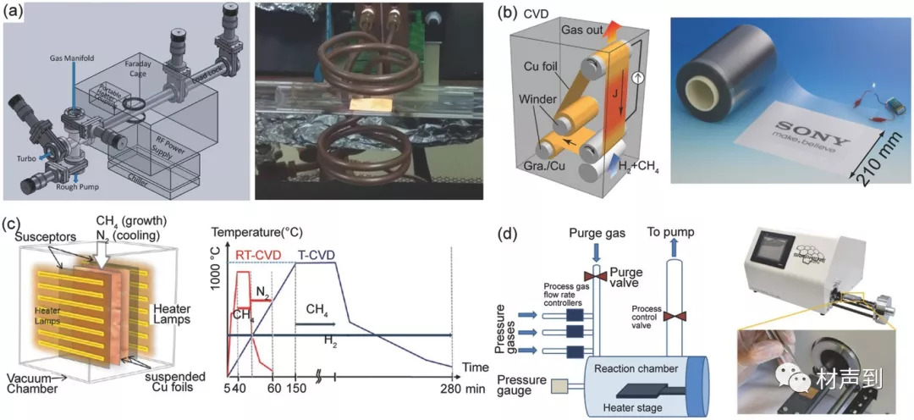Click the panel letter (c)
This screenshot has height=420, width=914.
[13, 225]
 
